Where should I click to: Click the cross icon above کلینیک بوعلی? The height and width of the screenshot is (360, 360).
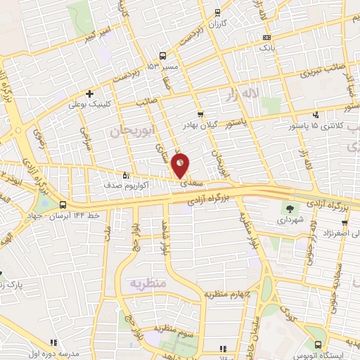point(89,93)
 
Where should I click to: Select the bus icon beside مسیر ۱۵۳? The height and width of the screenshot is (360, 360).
point(162,56)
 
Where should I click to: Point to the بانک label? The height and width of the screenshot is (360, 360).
point(266,49)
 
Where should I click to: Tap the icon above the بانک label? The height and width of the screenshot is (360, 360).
point(266,39)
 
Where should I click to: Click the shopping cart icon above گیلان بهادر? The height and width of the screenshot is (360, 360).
point(200,113)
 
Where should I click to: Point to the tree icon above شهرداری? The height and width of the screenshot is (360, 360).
point(290,208)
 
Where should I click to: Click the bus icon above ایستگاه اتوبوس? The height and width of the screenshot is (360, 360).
point(320,345)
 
